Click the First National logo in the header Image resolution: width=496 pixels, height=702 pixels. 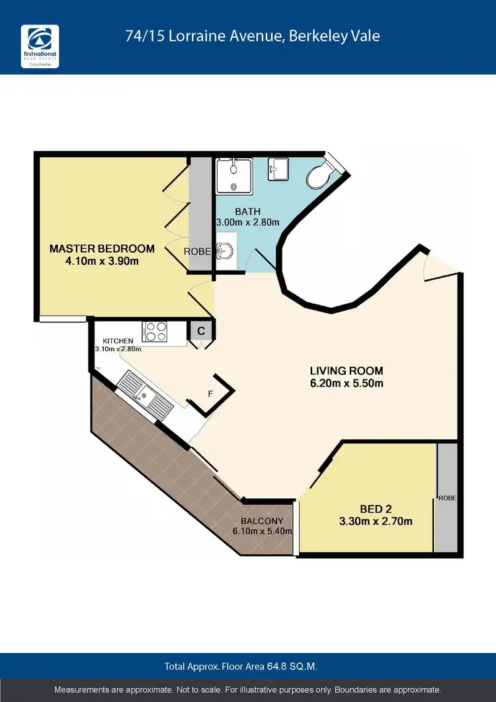[40, 46]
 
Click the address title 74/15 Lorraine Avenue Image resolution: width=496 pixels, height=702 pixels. [253, 36]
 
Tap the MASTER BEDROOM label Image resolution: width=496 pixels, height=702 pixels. [103, 249]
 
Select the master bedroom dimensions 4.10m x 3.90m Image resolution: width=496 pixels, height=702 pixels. [103, 261]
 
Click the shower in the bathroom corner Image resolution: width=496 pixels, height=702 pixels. [234, 175]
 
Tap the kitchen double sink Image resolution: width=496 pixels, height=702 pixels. [141, 394]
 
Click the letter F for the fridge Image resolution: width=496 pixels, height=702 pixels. [210, 394]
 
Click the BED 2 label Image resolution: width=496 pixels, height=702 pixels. [376, 509]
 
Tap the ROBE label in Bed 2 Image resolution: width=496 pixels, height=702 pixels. [446, 497]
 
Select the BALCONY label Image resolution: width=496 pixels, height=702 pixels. [263, 521]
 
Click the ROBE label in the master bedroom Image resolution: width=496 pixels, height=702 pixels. [197, 251]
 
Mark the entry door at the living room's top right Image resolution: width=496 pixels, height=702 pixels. [440, 267]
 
